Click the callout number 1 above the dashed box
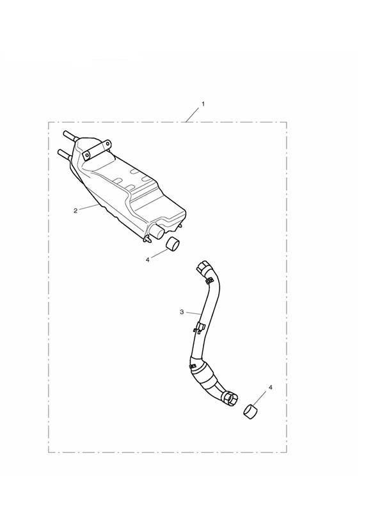pos(203,104)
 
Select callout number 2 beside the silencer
pos(75,210)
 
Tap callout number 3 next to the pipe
pos(182,312)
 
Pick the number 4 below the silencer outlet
pos(147,260)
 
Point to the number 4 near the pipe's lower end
pos(271,388)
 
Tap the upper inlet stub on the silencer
pos(70,136)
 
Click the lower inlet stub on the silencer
pos(65,155)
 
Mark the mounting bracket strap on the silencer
pos(97,150)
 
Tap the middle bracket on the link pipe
pos(200,327)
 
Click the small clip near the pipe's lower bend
pos(193,366)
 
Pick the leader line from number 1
pos(193,115)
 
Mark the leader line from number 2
pos(89,207)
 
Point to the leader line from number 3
pos(194,313)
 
